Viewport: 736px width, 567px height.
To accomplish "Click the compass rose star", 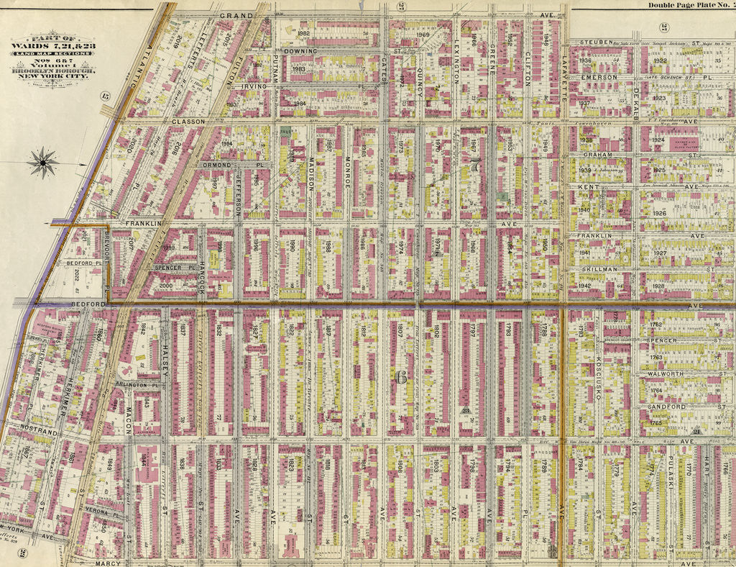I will pyautogui.click(x=43, y=162).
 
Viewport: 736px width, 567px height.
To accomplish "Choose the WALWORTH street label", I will pyautogui.click(x=662, y=373).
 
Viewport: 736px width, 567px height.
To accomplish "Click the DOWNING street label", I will pyautogui.click(x=300, y=52).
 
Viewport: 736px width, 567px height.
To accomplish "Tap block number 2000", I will pyautogui.click(x=166, y=286).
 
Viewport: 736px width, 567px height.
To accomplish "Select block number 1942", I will pyautogui.click(x=584, y=286).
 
